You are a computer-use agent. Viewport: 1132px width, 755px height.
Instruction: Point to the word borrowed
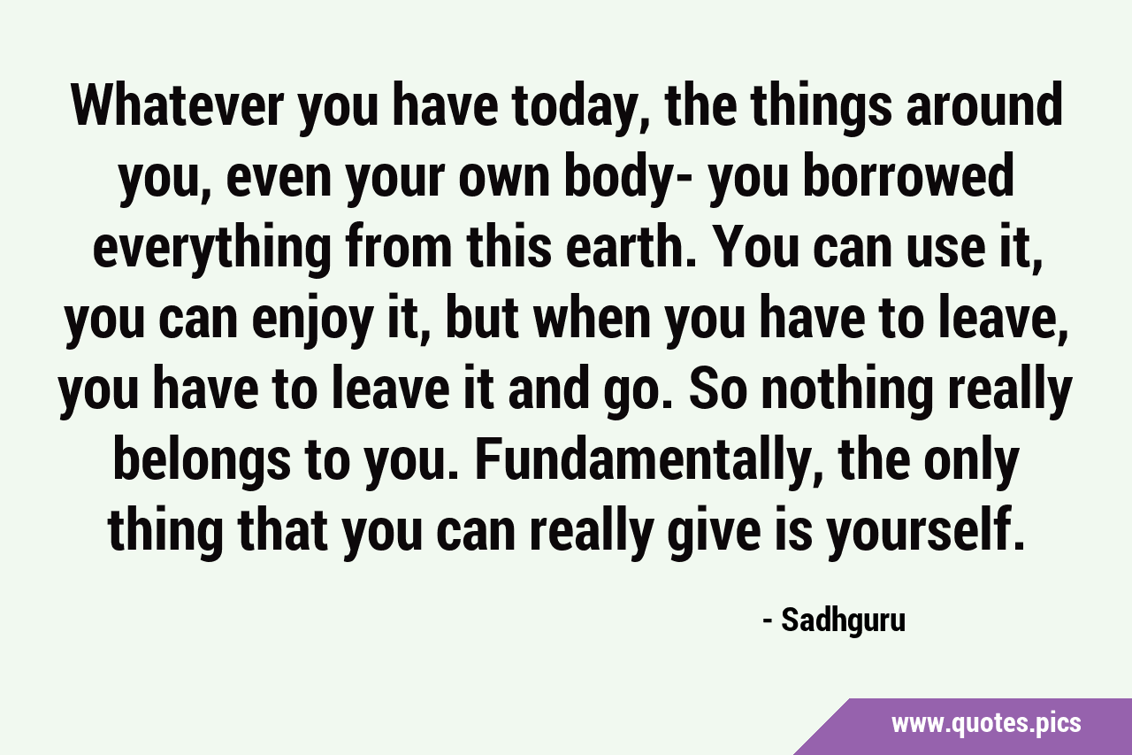coord(908,176)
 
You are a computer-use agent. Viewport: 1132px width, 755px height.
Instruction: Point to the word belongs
coord(201,463)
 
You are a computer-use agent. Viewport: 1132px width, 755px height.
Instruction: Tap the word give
coord(714,534)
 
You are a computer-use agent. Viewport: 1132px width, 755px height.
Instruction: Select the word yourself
coord(919,534)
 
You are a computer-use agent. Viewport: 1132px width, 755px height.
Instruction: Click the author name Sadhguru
coord(843,621)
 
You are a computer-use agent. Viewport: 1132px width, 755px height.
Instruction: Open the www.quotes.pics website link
coord(986,723)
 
